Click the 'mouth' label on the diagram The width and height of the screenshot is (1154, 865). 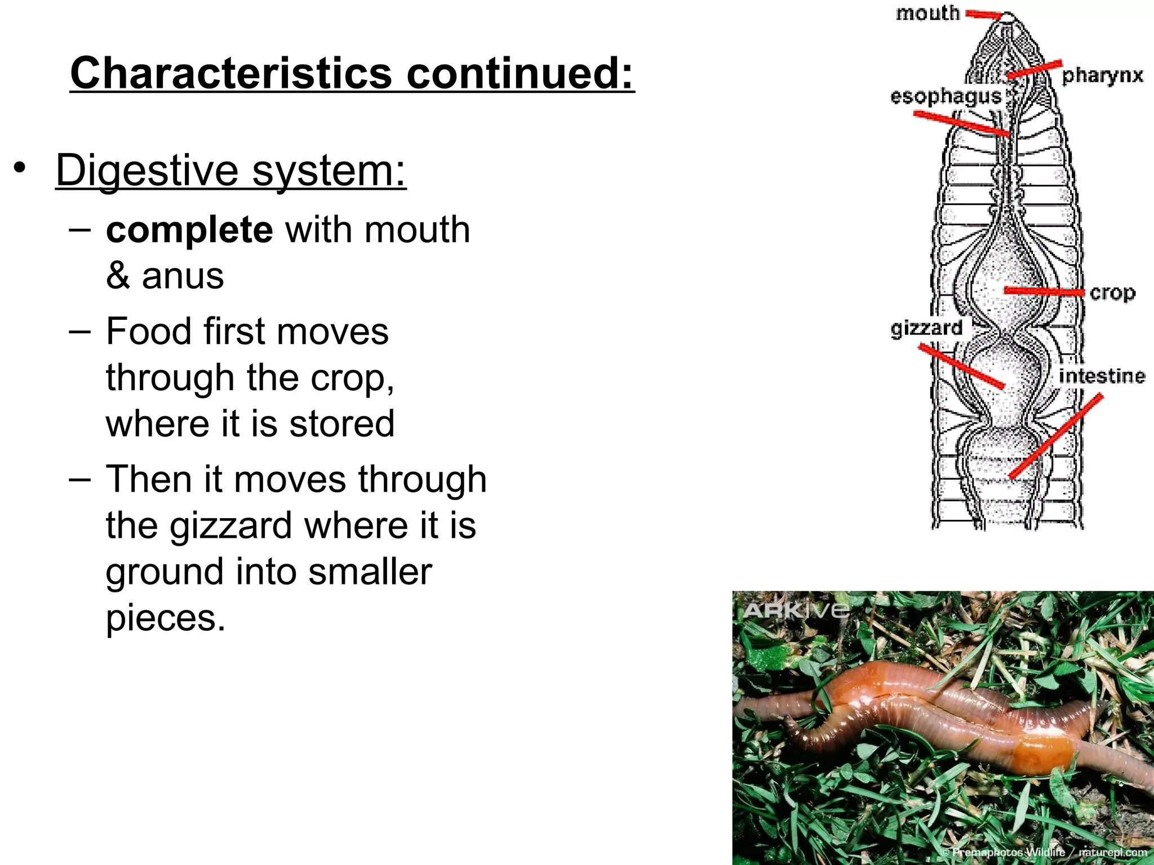[927, 13]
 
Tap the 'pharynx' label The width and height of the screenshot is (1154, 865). [1102, 75]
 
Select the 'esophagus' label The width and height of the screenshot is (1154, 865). [946, 97]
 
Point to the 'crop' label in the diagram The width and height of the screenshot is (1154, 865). [1112, 293]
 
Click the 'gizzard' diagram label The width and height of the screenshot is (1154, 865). [926, 328]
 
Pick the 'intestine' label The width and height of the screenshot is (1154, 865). [1102, 376]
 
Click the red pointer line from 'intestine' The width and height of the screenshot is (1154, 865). [1055, 437]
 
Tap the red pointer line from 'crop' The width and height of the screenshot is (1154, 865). [1044, 291]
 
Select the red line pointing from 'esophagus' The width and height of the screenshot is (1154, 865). [961, 123]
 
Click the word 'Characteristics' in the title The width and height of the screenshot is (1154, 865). [231, 73]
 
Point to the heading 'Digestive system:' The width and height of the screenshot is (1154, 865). [231, 170]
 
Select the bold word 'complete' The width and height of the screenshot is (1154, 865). [189, 230]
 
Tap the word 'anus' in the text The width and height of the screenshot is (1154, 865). [183, 276]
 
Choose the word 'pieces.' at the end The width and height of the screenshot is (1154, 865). [166, 618]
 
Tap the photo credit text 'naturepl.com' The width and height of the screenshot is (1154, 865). [1112, 853]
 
